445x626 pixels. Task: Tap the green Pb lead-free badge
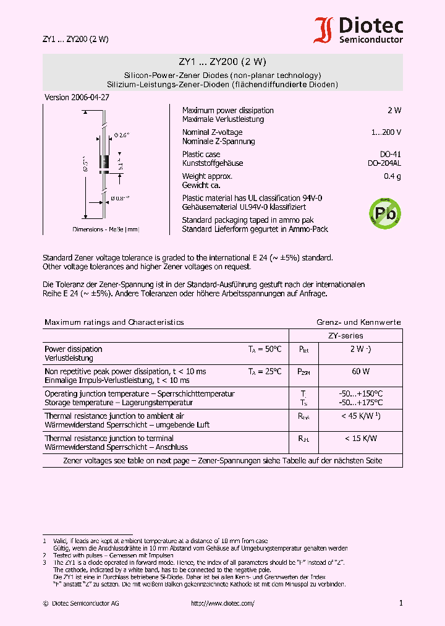coord(384,213)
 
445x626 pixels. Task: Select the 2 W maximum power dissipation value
coord(394,110)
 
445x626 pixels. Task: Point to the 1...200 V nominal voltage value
coord(386,132)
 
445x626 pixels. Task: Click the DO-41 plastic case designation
coord(390,154)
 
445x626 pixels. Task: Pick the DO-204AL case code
coord(384,163)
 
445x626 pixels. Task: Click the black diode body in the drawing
coord(105,162)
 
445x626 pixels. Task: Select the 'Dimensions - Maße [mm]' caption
coord(106,229)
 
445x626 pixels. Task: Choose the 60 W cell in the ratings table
coord(361,372)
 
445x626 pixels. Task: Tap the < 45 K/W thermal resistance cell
coord(361,416)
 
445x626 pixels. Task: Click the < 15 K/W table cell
coord(361,439)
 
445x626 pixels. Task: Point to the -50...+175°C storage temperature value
coord(361,403)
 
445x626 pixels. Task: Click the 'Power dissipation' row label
coord(74,349)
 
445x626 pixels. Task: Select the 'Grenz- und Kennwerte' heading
coord(358,322)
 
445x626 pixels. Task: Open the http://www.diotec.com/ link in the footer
coord(222,603)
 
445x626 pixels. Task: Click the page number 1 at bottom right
coord(400,603)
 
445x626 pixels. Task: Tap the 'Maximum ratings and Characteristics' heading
coord(114,322)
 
